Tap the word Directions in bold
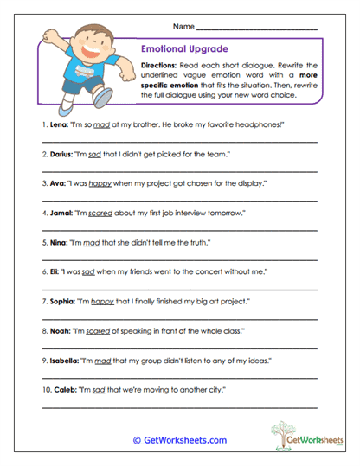tap(160, 66)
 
